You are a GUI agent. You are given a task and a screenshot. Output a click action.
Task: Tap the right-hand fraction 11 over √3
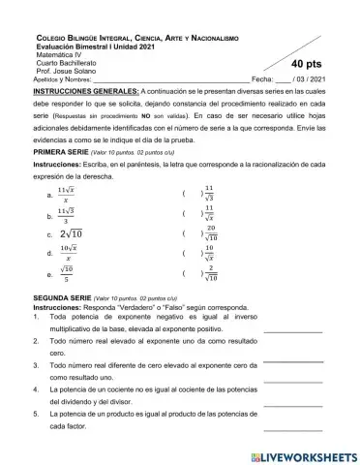[209, 194]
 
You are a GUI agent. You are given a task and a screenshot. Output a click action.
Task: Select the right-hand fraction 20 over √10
[210, 233]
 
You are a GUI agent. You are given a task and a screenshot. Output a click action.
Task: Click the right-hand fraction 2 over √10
[210, 274]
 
